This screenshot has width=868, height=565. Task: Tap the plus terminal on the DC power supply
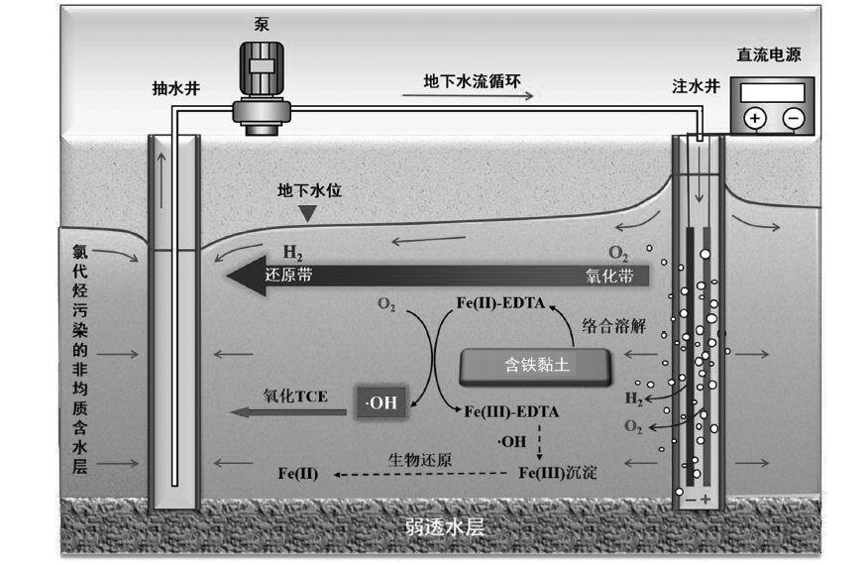coord(756,118)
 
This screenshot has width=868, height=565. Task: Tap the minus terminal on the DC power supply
coord(793,118)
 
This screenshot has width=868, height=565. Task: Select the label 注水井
coord(695,87)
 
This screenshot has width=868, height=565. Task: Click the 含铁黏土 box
coord(533,367)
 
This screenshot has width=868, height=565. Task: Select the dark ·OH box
coord(380,402)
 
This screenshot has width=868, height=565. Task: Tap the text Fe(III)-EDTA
coord(511,409)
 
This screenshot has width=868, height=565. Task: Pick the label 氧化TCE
coord(295,394)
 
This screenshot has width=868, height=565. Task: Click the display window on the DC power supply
coord(772,91)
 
